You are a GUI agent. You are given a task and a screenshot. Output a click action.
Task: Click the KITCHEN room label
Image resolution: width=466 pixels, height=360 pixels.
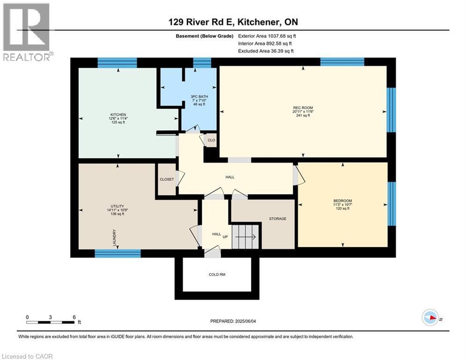click(x=118, y=114)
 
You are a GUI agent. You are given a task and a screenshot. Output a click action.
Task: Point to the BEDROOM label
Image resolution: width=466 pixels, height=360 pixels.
click(x=343, y=201)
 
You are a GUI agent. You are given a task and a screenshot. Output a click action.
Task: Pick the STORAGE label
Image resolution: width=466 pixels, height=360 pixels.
click(x=277, y=218)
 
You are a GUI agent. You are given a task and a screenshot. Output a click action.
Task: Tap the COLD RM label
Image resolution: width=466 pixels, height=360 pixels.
click(x=217, y=275)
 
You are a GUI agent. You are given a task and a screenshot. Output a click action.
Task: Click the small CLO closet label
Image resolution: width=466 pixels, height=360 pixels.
click(x=211, y=140)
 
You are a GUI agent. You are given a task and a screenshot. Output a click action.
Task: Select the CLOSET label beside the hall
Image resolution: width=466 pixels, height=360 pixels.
click(x=166, y=179)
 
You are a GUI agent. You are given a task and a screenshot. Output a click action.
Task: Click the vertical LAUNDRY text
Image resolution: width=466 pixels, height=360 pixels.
click(x=114, y=238)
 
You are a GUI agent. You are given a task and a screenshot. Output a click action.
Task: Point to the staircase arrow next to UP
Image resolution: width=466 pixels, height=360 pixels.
click(x=245, y=237)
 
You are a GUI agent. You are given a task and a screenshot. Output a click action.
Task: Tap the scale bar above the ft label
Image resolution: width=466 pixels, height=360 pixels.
click(x=51, y=322)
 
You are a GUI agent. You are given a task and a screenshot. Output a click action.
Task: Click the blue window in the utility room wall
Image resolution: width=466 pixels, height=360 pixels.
click(x=118, y=253)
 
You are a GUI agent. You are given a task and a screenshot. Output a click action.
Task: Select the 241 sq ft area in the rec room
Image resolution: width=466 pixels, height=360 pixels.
click(x=303, y=115)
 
